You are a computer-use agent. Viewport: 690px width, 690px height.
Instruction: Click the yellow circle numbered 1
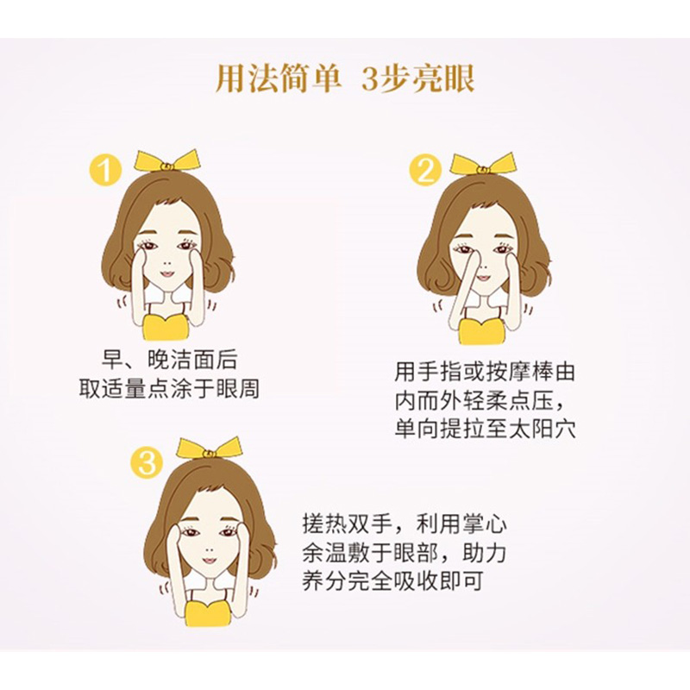[x=104, y=169]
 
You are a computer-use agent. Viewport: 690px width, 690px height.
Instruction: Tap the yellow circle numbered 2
[x=425, y=170]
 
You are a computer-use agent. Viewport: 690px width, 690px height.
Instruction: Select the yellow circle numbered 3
[x=147, y=462]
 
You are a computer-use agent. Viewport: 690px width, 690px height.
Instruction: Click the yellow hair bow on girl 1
[x=166, y=161]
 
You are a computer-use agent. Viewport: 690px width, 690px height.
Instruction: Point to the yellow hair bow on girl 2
[x=482, y=164]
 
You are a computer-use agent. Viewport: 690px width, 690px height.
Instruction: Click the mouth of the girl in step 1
[x=167, y=273]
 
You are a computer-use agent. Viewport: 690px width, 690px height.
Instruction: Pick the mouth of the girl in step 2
[x=483, y=278]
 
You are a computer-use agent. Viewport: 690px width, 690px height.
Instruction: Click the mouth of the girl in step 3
[x=210, y=560]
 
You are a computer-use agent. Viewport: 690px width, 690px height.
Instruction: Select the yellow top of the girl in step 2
[x=481, y=331]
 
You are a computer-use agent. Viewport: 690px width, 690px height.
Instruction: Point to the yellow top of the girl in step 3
[x=208, y=612]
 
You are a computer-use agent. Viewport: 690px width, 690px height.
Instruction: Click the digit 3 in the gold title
[x=371, y=79]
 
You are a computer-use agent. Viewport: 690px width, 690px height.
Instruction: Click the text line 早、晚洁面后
[x=169, y=360]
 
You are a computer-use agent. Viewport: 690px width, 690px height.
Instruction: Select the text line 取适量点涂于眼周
[x=169, y=388]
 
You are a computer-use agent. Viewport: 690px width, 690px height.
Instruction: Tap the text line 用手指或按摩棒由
[x=485, y=372]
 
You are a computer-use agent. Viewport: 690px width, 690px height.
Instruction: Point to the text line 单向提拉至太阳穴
[x=485, y=429]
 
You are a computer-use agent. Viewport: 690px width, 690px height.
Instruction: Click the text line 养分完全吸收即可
[x=392, y=580]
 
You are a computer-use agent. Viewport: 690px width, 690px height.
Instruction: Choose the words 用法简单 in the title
[x=279, y=79]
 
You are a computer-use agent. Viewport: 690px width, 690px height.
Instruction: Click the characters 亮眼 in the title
[x=443, y=79]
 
